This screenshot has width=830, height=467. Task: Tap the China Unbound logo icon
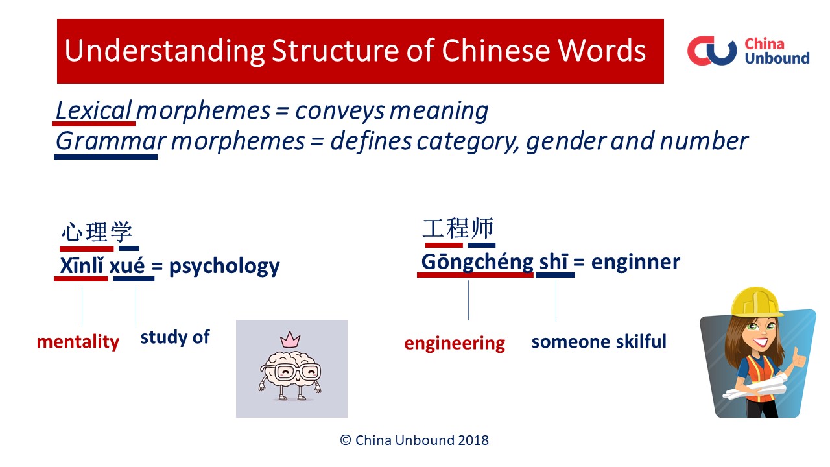tap(712, 51)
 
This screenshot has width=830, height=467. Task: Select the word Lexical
tap(94, 110)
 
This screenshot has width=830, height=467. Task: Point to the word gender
tap(566, 142)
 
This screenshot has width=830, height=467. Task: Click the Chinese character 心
tap(72, 232)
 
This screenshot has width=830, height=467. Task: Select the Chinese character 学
tap(121, 232)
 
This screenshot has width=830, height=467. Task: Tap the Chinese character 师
tap(482, 228)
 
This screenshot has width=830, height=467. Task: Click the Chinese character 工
tap(434, 228)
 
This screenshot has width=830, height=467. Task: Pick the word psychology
tap(224, 267)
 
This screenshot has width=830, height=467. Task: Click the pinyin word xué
tap(127, 266)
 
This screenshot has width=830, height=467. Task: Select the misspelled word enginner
tap(636, 263)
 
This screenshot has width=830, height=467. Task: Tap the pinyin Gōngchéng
tap(477, 263)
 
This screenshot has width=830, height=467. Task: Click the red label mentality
tap(78, 342)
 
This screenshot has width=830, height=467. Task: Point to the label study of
tap(175, 337)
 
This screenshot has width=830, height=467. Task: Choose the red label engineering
tap(455, 344)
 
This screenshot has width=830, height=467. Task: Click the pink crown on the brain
tap(290, 339)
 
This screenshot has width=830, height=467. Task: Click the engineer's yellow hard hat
tap(756, 302)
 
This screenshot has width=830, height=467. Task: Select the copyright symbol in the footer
tap(346, 440)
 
